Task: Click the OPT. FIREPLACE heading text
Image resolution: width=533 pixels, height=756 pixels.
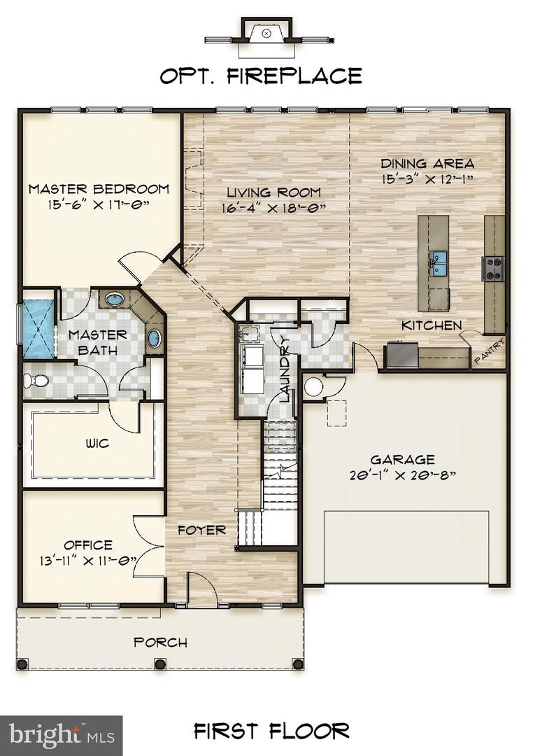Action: click(261, 76)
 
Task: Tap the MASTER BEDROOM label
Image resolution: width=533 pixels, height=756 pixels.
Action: click(99, 188)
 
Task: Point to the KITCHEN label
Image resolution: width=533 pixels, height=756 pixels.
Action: click(431, 325)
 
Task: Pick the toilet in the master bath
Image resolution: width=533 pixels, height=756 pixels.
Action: click(34, 381)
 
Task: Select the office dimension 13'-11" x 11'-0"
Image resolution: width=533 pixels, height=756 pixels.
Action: click(88, 560)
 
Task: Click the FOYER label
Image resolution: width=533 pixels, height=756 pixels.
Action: click(201, 530)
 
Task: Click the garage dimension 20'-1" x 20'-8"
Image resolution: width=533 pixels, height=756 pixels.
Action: click(402, 475)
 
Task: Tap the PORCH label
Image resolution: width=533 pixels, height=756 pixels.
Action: click(160, 642)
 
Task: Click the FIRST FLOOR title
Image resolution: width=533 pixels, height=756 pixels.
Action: click(272, 731)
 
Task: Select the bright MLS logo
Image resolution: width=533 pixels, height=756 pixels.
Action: click(61, 734)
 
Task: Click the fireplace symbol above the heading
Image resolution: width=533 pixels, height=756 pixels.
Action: click(266, 33)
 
